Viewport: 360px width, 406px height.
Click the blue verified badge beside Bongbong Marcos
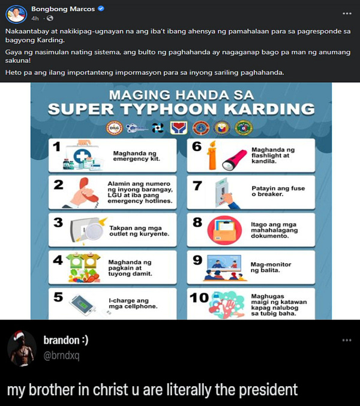click(101, 8)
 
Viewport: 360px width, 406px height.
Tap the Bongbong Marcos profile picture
click(16, 14)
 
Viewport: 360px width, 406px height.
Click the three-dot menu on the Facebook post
click(347, 13)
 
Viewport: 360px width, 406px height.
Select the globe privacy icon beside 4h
click(50, 18)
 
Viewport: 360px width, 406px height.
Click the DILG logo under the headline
click(115, 128)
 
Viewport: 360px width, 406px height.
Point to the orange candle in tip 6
click(212, 155)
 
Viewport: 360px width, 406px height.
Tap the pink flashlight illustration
click(235, 160)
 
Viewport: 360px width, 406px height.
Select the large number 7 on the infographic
click(197, 186)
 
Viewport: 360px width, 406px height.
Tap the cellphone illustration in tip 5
click(82, 305)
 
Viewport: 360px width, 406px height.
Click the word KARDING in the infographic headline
click(269, 109)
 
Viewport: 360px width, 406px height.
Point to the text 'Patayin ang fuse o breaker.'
click(278, 191)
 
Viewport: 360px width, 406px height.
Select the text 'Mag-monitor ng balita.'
click(271, 267)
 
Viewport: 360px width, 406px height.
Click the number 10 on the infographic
click(199, 298)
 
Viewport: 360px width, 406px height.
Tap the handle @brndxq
click(61, 356)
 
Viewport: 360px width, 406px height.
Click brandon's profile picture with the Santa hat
click(22, 348)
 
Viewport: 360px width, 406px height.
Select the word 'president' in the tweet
click(268, 390)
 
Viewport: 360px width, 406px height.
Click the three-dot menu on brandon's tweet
click(347, 340)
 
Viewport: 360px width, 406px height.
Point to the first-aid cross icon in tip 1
click(82, 157)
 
